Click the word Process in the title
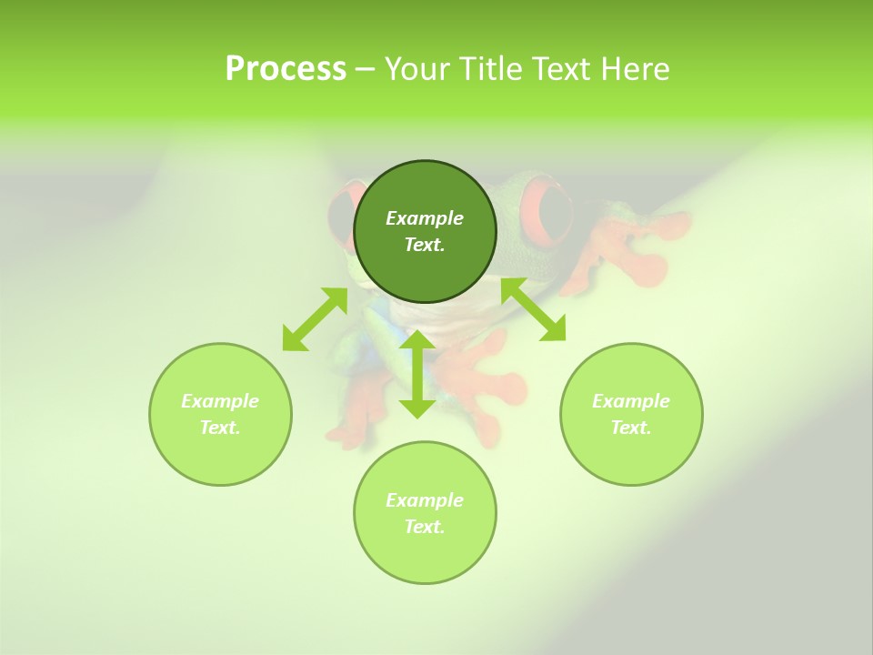(286, 69)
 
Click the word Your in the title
(416, 69)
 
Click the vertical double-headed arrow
(417, 374)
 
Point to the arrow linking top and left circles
(315, 319)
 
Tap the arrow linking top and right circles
(534, 310)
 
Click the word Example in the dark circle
(425, 218)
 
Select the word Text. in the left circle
(220, 428)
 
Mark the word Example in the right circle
(631, 401)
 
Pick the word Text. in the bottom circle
(425, 527)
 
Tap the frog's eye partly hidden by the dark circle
(342, 218)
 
